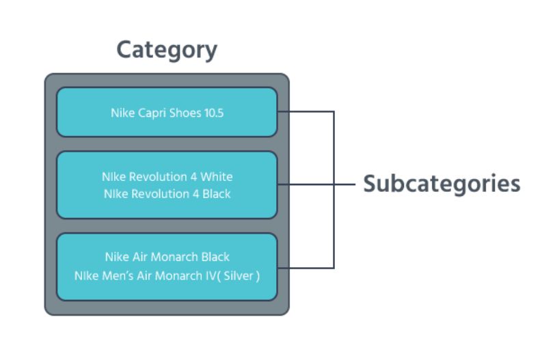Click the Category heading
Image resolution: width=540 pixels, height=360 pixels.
[166, 50]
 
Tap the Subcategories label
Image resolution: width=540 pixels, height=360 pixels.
[441, 184]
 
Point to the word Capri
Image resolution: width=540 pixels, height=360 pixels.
[152, 113]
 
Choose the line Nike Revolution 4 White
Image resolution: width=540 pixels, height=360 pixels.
[167, 177]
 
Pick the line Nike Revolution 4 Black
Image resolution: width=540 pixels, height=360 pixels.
[167, 193]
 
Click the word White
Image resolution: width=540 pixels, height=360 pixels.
[217, 177]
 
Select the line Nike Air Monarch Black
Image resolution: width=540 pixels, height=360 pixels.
[167, 257]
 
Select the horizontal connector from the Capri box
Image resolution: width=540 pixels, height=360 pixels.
[306, 112]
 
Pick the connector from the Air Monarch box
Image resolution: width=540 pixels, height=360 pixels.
[306, 268]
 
